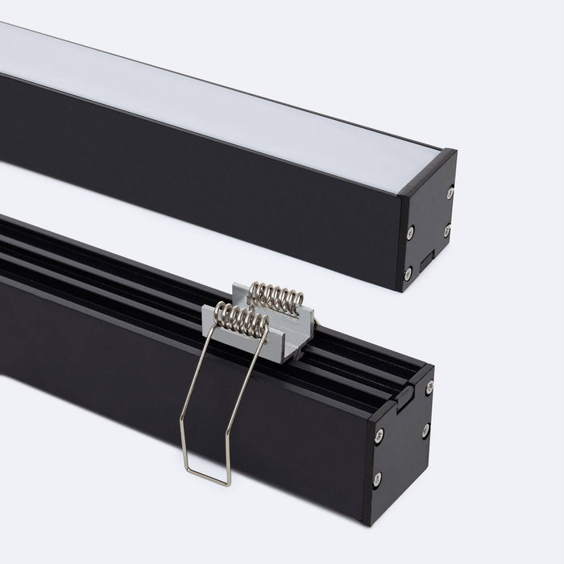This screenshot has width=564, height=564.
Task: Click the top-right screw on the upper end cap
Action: [x=449, y=192]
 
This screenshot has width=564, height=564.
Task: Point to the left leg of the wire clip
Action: [x=187, y=403]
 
